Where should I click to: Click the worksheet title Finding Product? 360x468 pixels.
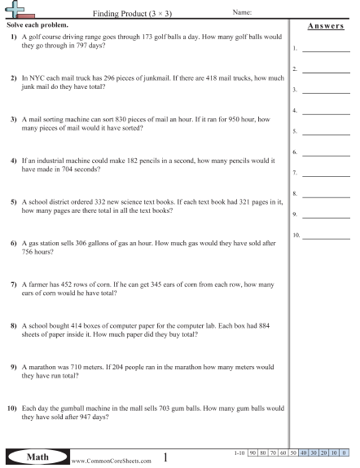(120, 14)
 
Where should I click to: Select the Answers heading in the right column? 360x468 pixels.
(325, 27)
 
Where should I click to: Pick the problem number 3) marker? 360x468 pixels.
(14, 119)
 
